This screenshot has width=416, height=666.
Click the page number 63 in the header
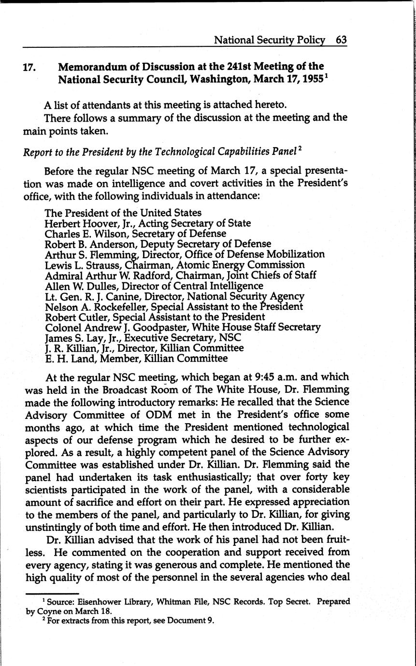341,41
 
